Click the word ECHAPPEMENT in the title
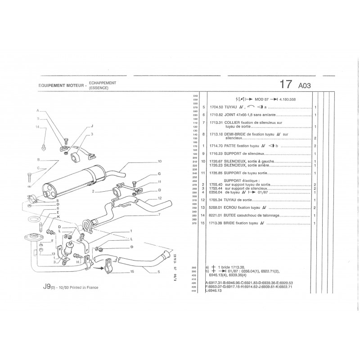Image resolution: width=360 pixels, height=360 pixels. pyautogui.click(x=103, y=83)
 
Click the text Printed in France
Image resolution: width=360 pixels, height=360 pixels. pyautogui.click(x=82, y=287)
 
